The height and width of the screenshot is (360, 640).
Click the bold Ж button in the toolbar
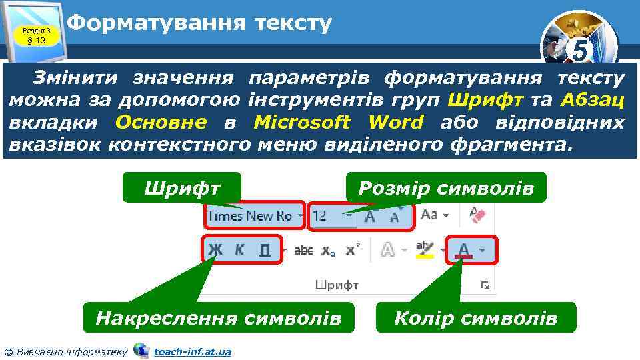215,250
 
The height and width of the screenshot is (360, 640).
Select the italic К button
239,250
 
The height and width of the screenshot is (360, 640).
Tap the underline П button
265,250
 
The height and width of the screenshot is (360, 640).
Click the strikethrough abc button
303,251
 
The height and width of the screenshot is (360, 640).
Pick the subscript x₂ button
329,251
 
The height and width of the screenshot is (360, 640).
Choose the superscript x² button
353,250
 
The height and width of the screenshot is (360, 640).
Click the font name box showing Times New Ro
250,215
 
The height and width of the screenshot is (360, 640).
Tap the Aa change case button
430,215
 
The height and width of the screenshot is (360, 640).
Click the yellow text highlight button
425,250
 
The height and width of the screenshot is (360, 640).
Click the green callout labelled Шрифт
181,188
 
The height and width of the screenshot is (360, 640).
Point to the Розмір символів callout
446,188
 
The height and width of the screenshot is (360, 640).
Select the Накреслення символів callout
218,318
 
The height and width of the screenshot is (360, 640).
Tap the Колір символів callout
475,318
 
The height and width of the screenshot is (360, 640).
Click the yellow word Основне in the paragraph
161,123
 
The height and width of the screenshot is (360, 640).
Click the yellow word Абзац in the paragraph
593,101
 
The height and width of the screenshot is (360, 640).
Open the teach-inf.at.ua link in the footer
193,351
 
